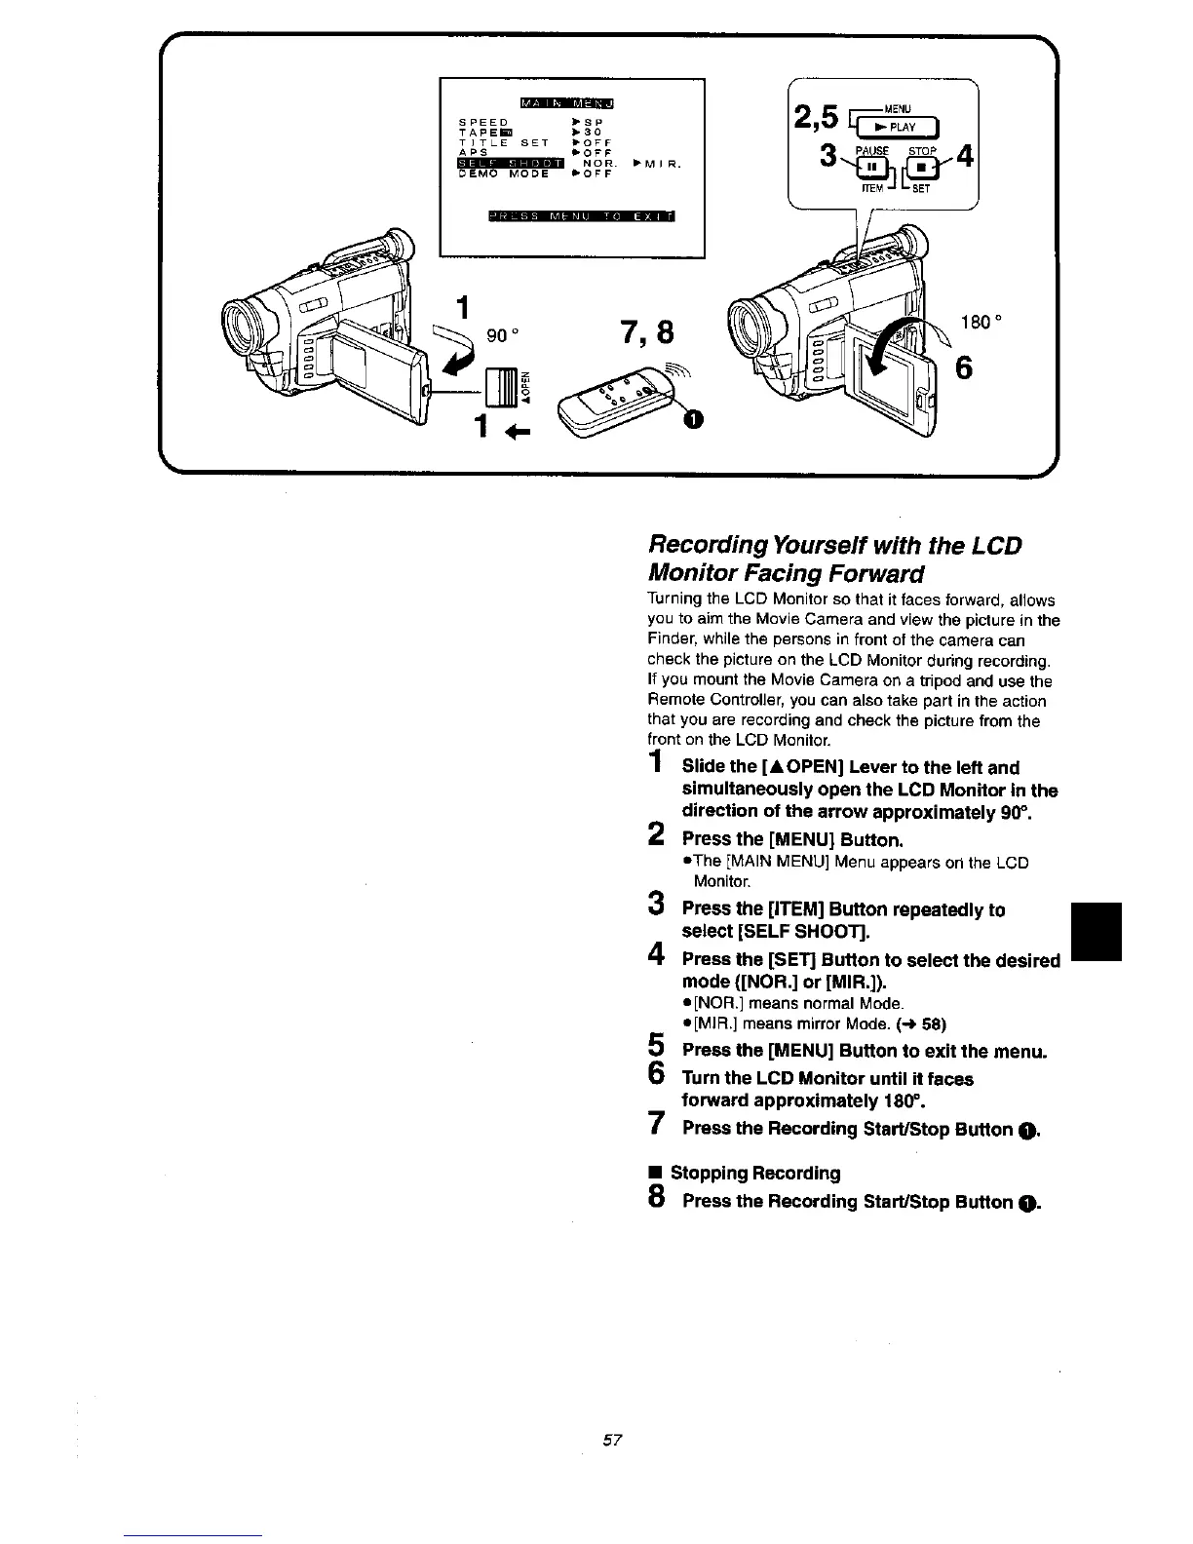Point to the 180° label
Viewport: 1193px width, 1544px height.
980,320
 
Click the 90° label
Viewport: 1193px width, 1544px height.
499,334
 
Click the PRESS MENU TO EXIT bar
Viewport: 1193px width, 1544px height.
582,215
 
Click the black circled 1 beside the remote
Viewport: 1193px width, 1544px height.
692,419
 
